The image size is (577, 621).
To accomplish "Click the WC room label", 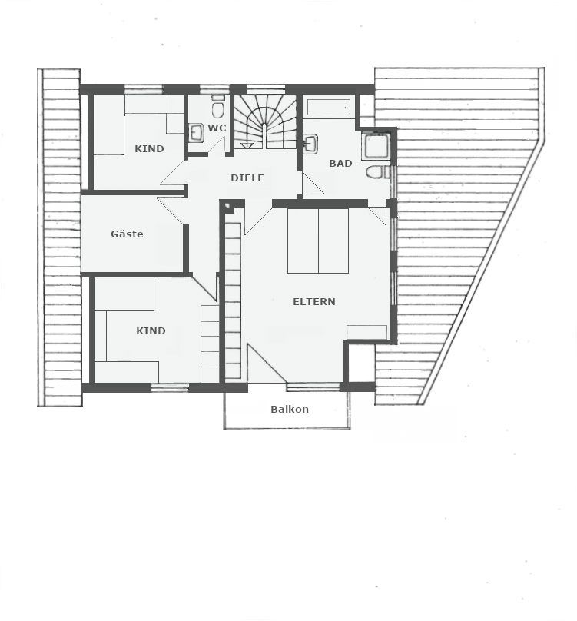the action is pos(217,128).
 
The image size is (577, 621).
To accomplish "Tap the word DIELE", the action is pos(247,178).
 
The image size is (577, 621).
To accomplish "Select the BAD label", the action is pos(340,163).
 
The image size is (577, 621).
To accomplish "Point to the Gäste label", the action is pos(127,234).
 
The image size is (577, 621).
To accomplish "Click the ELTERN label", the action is pos(314,302).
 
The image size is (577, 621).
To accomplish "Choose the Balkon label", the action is pos(290,409).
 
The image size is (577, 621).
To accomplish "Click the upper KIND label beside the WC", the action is pos(149,149).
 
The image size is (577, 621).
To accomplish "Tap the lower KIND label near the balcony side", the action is pos(151,330).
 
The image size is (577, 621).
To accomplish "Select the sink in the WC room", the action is pos(197,133).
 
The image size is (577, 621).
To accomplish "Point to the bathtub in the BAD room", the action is pos(328,108).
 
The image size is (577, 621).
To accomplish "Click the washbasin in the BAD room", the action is pos(311,144).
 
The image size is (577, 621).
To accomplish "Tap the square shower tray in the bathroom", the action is pos(377,146).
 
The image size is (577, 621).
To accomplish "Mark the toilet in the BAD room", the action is pos(376,172).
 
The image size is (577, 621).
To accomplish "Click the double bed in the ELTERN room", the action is pos(318,241).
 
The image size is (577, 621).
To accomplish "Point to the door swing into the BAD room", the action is pos(312,184).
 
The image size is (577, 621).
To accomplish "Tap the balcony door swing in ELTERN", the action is pos(266,364).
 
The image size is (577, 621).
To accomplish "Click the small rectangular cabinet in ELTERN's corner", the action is pos(366,332).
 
